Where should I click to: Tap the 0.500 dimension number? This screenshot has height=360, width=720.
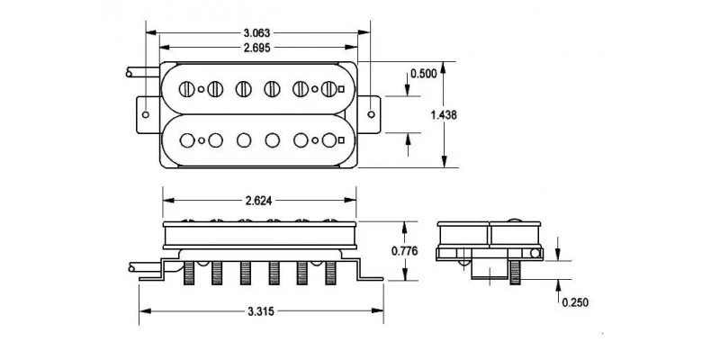click(x=424, y=73)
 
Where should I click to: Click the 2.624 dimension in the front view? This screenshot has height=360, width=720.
click(x=257, y=202)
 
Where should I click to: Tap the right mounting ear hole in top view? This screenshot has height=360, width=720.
click(x=373, y=114)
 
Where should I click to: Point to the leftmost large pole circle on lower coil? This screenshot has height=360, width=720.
click(x=188, y=139)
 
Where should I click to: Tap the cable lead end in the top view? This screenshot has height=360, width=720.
click(x=130, y=72)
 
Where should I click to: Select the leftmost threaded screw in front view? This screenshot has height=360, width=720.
click(x=190, y=271)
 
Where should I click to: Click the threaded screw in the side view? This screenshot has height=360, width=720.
click(x=515, y=271)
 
